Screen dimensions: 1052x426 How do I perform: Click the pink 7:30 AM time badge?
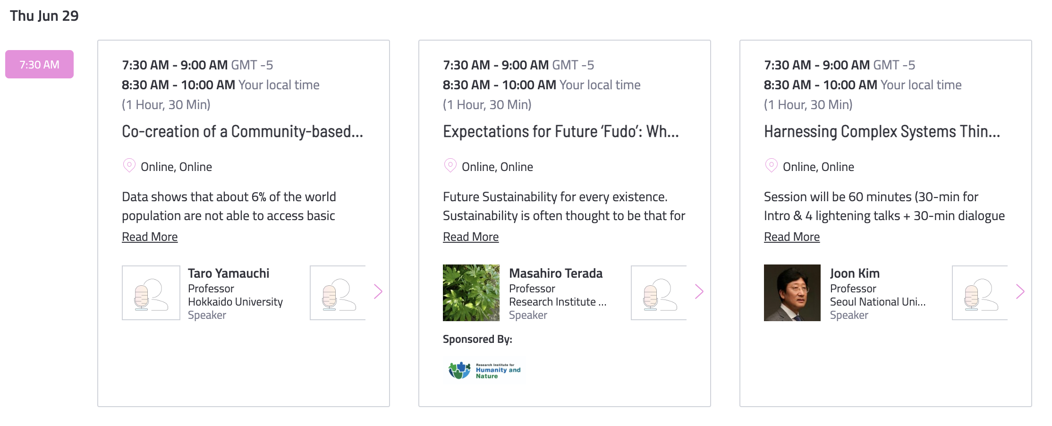(x=39, y=64)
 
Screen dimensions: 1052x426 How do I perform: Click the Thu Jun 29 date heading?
(x=44, y=16)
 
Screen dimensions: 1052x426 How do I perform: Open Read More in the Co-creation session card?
(x=150, y=237)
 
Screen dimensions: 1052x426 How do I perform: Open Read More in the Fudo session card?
(x=471, y=237)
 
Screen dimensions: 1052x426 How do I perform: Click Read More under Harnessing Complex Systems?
(x=792, y=237)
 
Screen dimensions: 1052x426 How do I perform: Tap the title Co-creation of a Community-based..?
(x=242, y=131)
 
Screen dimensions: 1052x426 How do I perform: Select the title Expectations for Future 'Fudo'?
(x=560, y=131)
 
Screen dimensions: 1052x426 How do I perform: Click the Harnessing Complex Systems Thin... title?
(x=882, y=131)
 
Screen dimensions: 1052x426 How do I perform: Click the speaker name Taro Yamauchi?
(x=229, y=273)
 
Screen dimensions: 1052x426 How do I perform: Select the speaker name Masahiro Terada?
(x=556, y=273)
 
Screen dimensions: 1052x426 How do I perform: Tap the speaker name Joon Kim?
(x=855, y=273)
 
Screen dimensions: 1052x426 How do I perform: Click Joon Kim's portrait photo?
(x=792, y=293)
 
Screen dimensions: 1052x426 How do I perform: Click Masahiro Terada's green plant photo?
(x=471, y=293)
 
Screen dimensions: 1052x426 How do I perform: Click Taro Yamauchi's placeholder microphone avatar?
(x=151, y=293)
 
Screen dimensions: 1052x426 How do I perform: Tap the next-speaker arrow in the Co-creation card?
(x=378, y=291)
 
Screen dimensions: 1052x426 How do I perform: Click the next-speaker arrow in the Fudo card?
(x=699, y=291)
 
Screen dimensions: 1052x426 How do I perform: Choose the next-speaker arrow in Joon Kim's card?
(x=1020, y=291)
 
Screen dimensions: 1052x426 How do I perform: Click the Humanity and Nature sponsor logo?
(x=484, y=370)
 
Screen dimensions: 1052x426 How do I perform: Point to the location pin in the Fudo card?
(x=450, y=165)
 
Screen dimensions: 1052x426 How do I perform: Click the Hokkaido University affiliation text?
(x=235, y=302)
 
